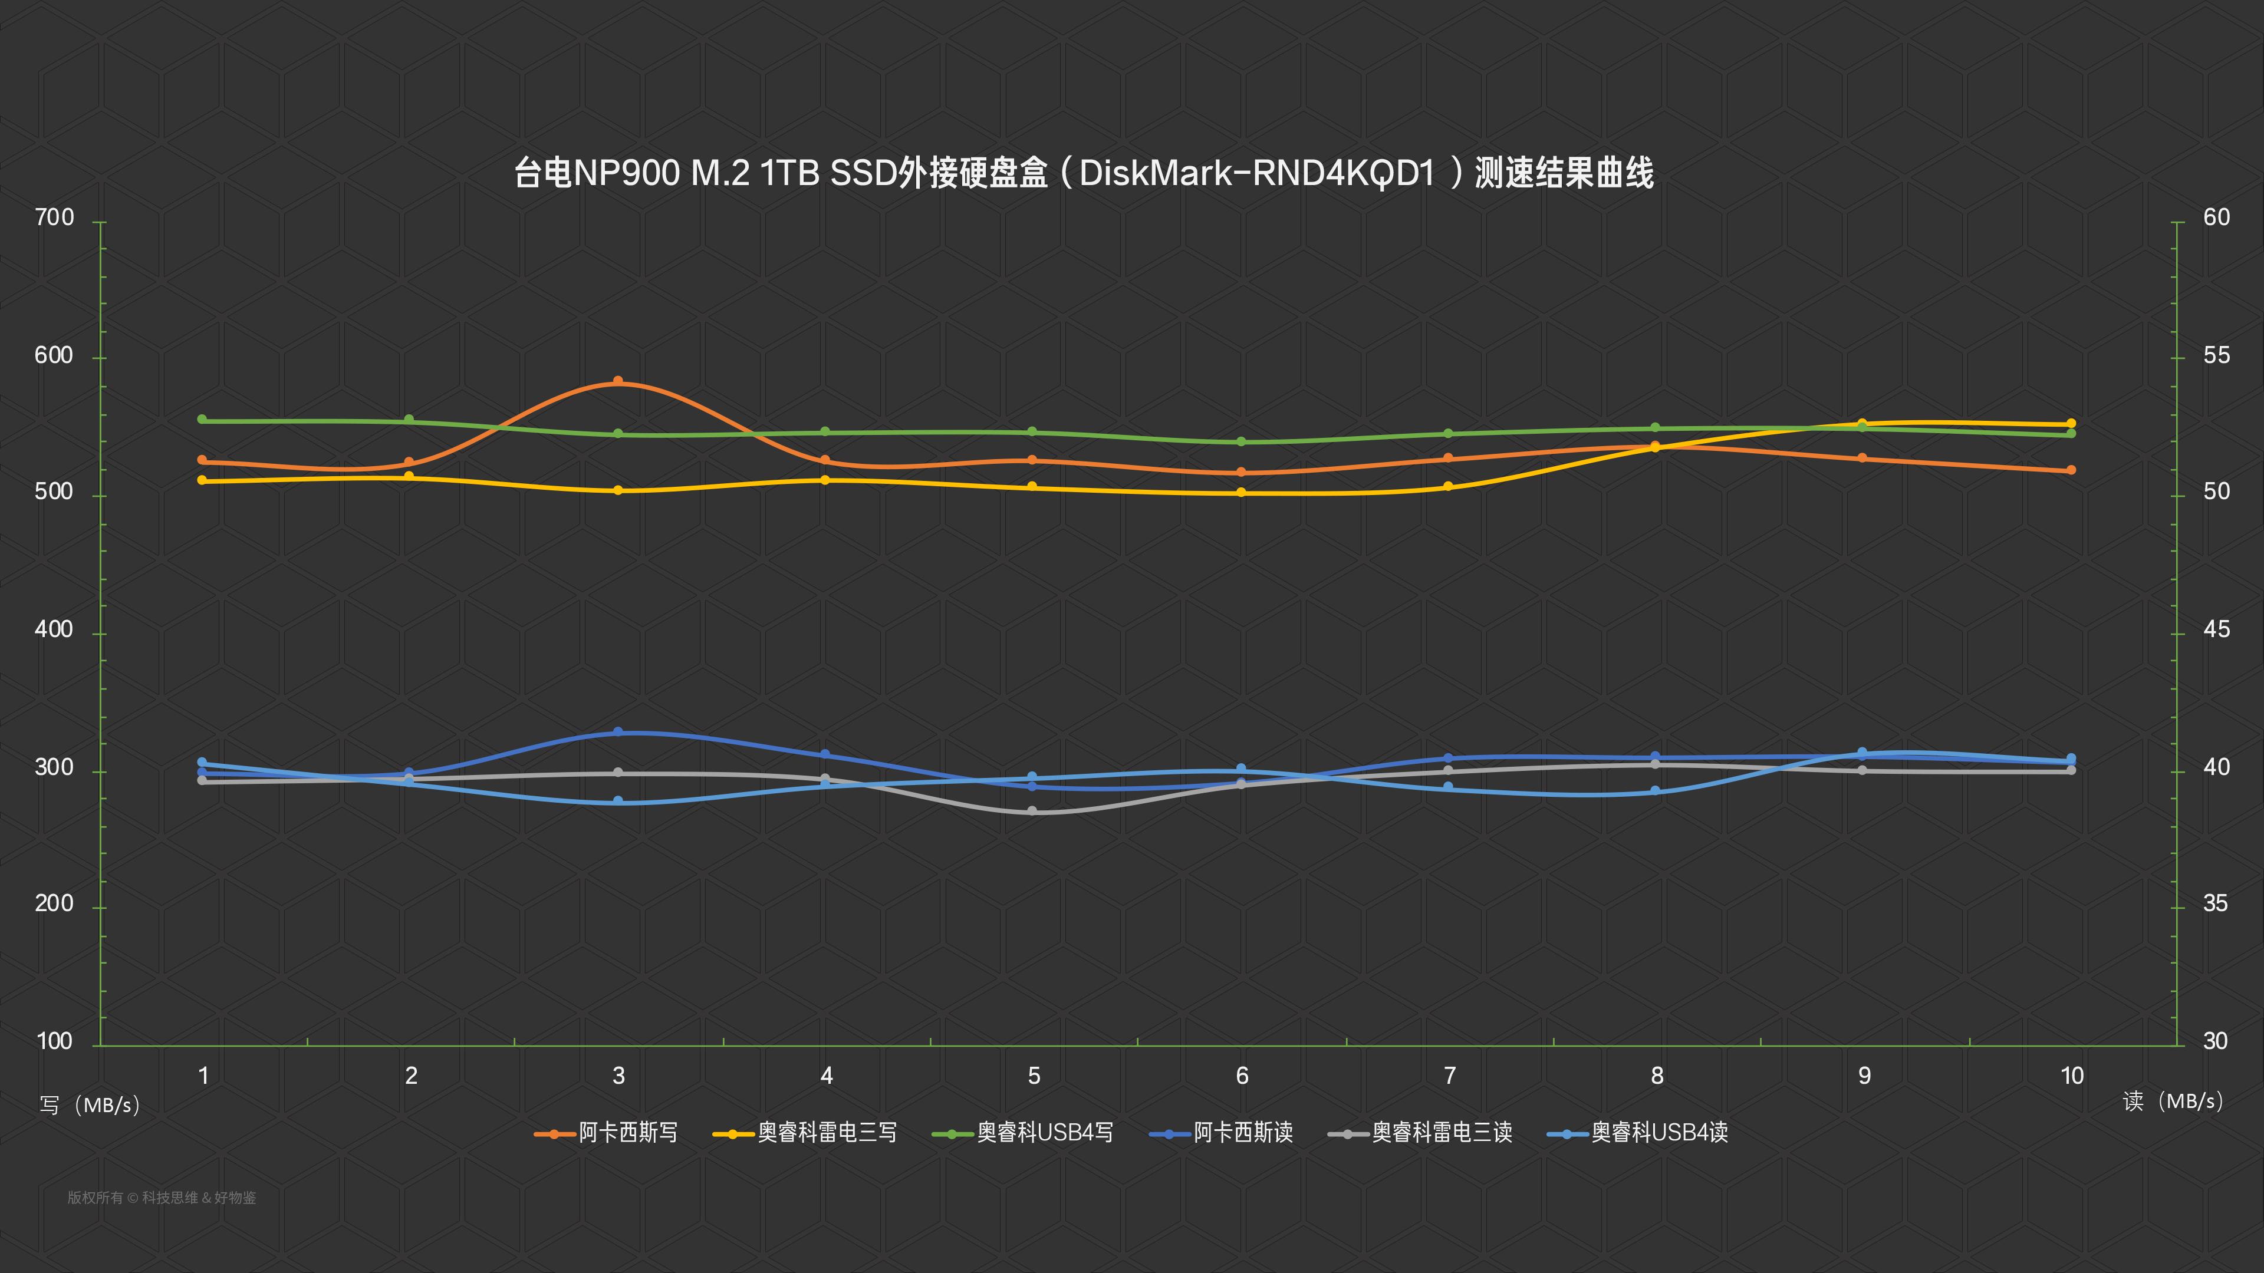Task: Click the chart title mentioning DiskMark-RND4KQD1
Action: tap(1083, 173)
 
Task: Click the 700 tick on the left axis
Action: tap(54, 218)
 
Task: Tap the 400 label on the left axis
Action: tap(54, 630)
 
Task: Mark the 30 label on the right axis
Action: tap(2216, 1041)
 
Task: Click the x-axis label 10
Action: tap(2072, 1076)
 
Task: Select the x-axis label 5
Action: tap(1034, 1076)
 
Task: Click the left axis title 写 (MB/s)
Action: tap(90, 1105)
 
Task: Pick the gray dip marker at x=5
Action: tap(1033, 811)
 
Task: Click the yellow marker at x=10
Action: tap(2072, 424)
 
